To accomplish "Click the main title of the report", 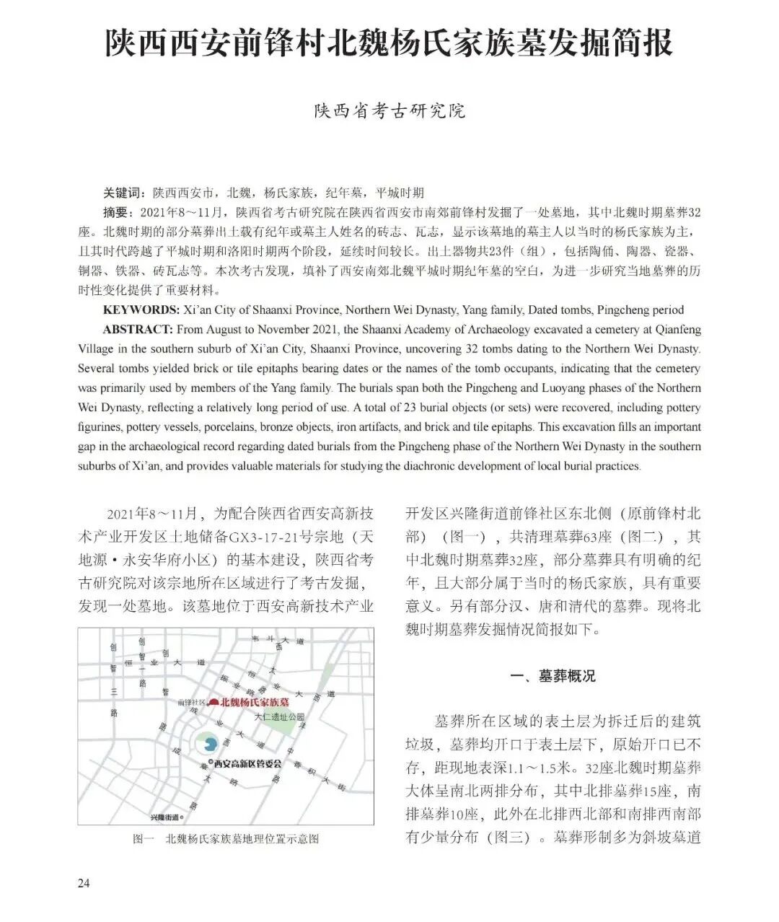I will tap(389, 43).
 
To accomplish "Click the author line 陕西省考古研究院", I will tap(389, 111).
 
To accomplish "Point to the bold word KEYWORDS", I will tap(141, 310).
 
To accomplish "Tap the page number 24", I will tap(84, 883).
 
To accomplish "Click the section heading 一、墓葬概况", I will tap(553, 676).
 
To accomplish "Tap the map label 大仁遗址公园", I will tap(280, 718).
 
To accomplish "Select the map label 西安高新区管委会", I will tap(247, 764).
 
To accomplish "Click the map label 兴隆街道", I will tap(164, 817).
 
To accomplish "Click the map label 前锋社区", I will tap(192, 702).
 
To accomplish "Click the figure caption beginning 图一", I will tap(226, 839).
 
